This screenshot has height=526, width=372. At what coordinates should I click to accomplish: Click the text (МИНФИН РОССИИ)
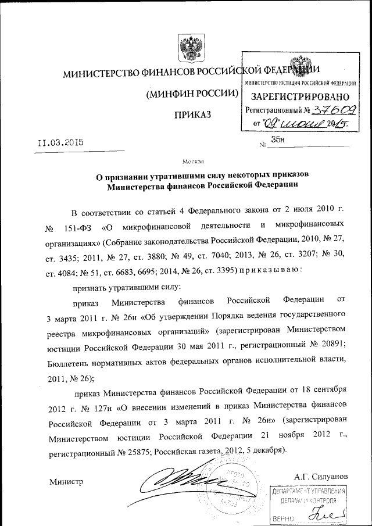coord(192,93)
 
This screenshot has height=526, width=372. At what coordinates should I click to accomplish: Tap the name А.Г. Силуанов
coord(321,476)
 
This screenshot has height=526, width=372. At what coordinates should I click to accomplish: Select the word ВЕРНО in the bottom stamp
coord(282,517)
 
